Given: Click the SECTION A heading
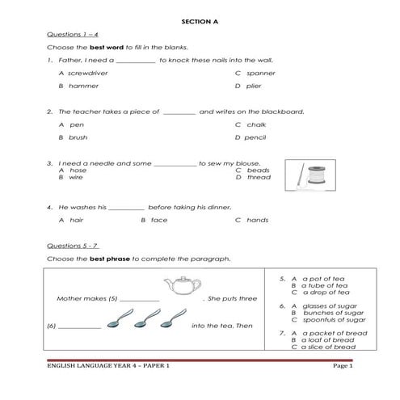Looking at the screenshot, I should click(200, 21).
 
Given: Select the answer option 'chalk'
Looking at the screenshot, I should click(256, 124).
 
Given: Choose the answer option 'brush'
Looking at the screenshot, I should click(78, 137).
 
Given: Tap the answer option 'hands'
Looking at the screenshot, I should click(257, 219).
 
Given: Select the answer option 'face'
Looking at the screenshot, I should click(159, 219).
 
